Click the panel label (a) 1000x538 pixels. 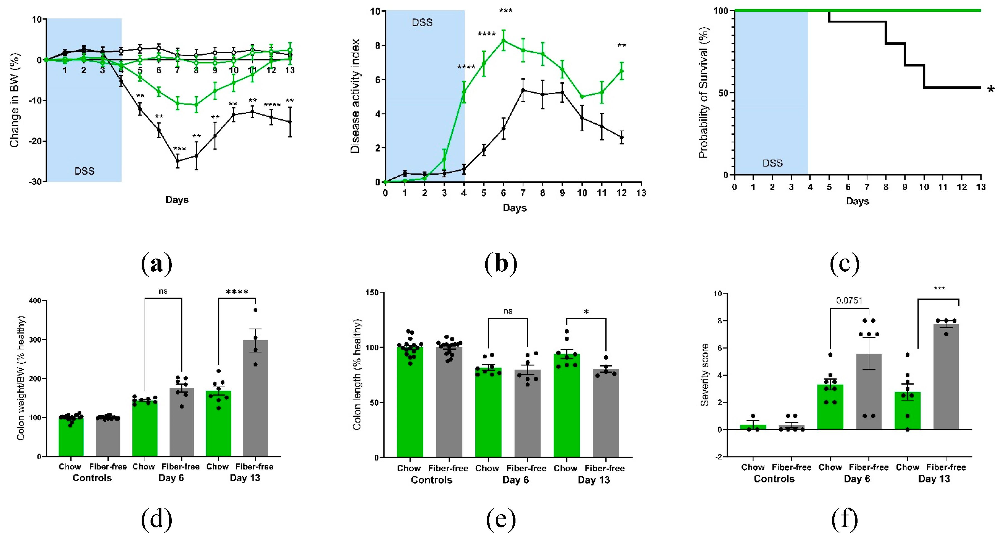(156, 264)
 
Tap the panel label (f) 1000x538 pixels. (845, 520)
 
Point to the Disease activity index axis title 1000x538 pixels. (355, 96)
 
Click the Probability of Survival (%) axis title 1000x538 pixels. (703, 92)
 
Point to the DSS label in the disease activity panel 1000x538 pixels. (422, 23)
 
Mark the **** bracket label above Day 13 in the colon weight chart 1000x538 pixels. (237, 292)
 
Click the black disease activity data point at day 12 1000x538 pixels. (621, 137)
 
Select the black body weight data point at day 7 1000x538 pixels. (177, 161)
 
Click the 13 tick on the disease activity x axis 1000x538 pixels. (641, 193)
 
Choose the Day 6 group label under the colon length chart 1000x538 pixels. (515, 480)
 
